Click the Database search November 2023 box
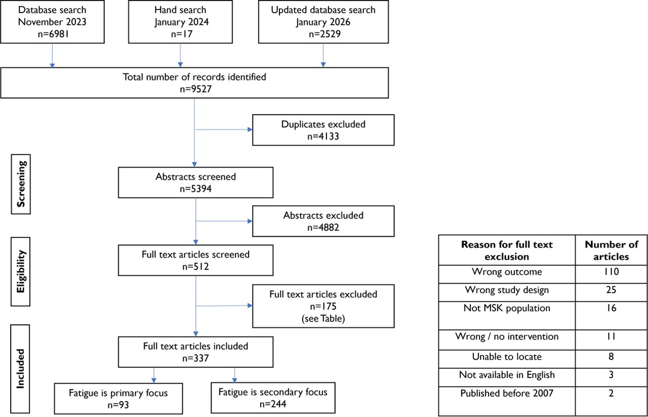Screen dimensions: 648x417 [x=52, y=22]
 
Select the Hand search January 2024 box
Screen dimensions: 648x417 [x=180, y=22]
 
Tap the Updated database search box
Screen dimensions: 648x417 [x=323, y=22]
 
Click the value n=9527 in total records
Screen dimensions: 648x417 [x=196, y=89]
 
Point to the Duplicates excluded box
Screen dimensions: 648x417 [x=323, y=130]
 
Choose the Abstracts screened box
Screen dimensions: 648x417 [x=195, y=183]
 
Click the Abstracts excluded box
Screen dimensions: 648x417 [x=323, y=221]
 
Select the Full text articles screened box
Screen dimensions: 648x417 [x=195, y=260]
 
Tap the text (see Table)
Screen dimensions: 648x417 [x=323, y=318]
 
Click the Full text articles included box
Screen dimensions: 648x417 [x=195, y=352]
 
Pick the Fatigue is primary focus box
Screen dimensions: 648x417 [x=118, y=398]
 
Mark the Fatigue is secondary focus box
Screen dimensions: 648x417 [x=273, y=398]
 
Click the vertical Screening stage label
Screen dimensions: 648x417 [x=21, y=184]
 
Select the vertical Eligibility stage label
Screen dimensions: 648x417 [x=21, y=272]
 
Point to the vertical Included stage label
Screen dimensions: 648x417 [x=20, y=369]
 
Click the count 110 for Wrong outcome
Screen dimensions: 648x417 [x=611, y=272]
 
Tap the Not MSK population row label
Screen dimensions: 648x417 [x=507, y=308]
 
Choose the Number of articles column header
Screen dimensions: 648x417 [x=611, y=251]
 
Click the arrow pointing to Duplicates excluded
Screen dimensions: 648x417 [x=224, y=130]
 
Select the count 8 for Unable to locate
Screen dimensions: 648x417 [x=611, y=357]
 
